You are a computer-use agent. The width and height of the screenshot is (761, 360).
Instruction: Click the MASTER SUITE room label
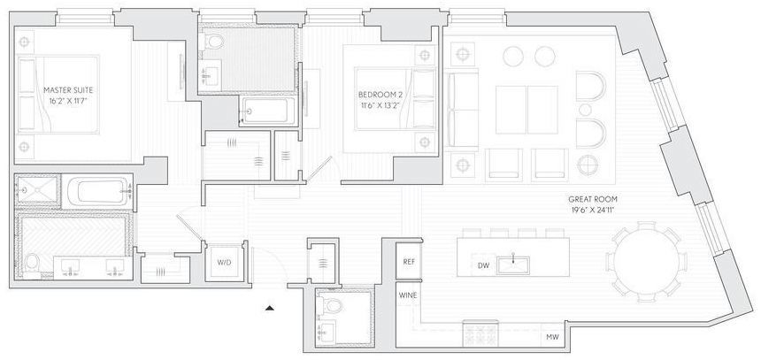point(69,90)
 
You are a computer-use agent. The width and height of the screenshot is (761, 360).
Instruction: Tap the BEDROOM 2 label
point(381,95)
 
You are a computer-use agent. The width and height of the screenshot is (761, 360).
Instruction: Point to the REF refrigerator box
point(409,261)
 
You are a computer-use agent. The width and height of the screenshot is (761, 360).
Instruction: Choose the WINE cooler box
point(408,295)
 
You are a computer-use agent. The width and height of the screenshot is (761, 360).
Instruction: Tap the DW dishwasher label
point(482,264)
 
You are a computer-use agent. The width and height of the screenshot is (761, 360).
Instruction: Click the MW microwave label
point(553,337)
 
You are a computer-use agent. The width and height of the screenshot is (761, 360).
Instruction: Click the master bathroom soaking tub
point(98,191)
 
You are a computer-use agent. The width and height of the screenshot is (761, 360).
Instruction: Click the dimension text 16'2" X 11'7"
point(69,102)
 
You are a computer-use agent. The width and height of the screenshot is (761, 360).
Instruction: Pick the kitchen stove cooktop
point(479,338)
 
